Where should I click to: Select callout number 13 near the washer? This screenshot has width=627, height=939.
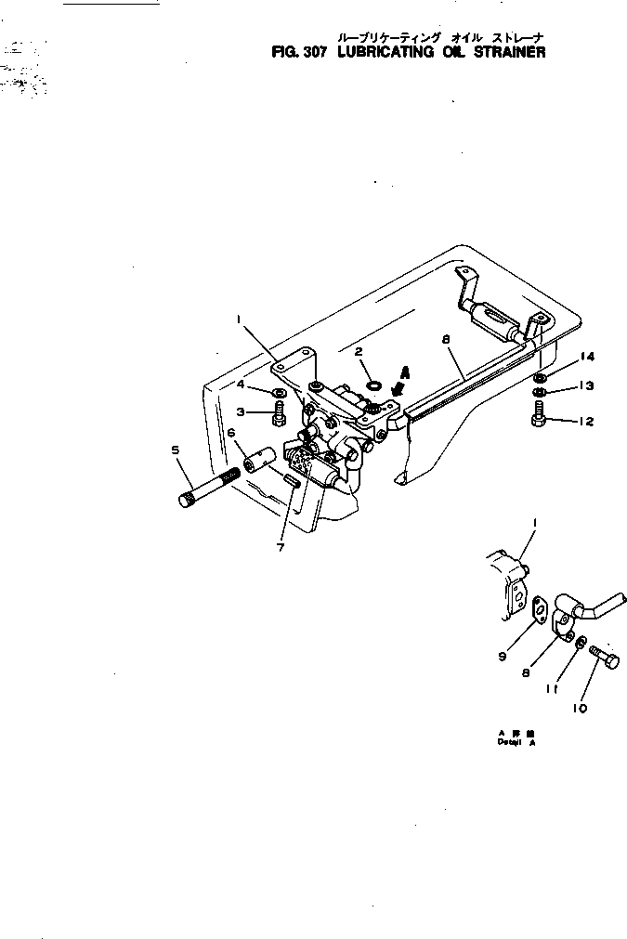click(586, 385)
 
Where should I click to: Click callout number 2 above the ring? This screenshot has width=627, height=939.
click(359, 351)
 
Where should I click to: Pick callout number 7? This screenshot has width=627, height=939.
click(280, 547)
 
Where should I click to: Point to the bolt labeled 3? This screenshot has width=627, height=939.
click(279, 417)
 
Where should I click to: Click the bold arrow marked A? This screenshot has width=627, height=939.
click(399, 380)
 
